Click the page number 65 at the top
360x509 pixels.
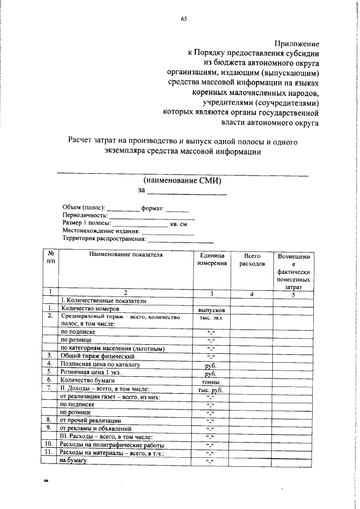(183, 19)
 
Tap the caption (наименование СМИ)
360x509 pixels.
(182, 181)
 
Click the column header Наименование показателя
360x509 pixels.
(125, 255)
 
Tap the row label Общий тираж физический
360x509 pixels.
(97, 340)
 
